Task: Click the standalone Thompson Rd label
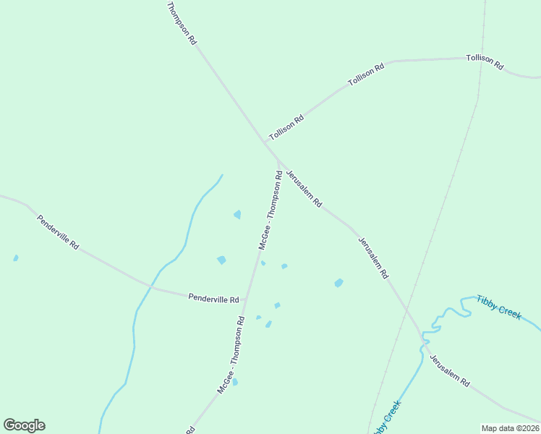[182, 24]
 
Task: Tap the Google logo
[24, 425]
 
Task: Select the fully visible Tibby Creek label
[499, 307]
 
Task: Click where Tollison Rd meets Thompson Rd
[265, 140]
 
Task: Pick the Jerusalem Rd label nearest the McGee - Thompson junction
[304, 190]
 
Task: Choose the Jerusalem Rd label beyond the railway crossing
[450, 370]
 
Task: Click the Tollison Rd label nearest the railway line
[485, 61]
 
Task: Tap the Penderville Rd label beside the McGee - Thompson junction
[213, 298]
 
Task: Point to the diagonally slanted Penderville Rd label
[58, 231]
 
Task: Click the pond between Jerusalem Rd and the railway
[338, 283]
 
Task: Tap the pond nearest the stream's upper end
[237, 214]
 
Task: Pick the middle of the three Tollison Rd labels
[366, 75]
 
